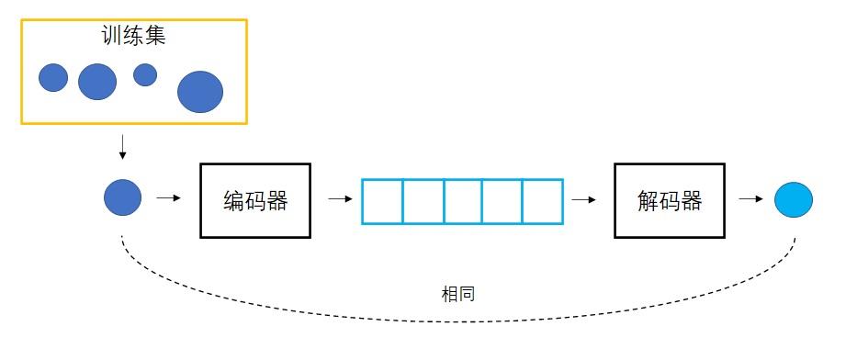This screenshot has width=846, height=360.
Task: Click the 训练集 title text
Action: pyautogui.click(x=134, y=36)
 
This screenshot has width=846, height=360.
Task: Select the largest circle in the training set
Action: pyautogui.click(x=200, y=92)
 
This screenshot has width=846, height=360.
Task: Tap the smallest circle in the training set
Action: pyautogui.click(x=145, y=74)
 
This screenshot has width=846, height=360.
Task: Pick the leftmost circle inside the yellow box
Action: pyautogui.click(x=53, y=78)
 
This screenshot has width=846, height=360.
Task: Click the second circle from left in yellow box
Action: pyautogui.click(x=97, y=82)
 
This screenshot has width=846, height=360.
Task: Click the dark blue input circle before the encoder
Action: pyautogui.click(x=123, y=197)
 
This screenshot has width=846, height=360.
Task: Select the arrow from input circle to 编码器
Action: pyautogui.click(x=169, y=197)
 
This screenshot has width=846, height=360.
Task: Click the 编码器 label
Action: pyautogui.click(x=255, y=201)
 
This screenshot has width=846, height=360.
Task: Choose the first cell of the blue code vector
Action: pyautogui.click(x=382, y=201)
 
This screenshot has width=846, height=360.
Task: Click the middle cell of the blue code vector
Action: pyautogui.click(x=463, y=201)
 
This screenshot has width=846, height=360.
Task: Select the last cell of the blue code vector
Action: pyautogui.click(x=543, y=201)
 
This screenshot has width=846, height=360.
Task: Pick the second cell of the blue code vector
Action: pyautogui.click(x=423, y=201)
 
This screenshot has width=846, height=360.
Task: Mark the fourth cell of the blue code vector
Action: pyautogui.click(x=502, y=201)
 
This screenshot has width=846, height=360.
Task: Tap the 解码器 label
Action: pyautogui.click(x=669, y=201)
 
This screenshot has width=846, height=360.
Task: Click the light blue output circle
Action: pyautogui.click(x=794, y=199)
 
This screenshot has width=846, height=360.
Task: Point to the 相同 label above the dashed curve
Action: pyautogui.click(x=458, y=295)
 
